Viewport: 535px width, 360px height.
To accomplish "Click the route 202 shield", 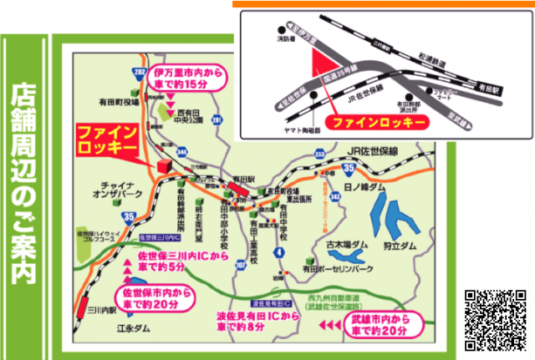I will pos(139,74).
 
